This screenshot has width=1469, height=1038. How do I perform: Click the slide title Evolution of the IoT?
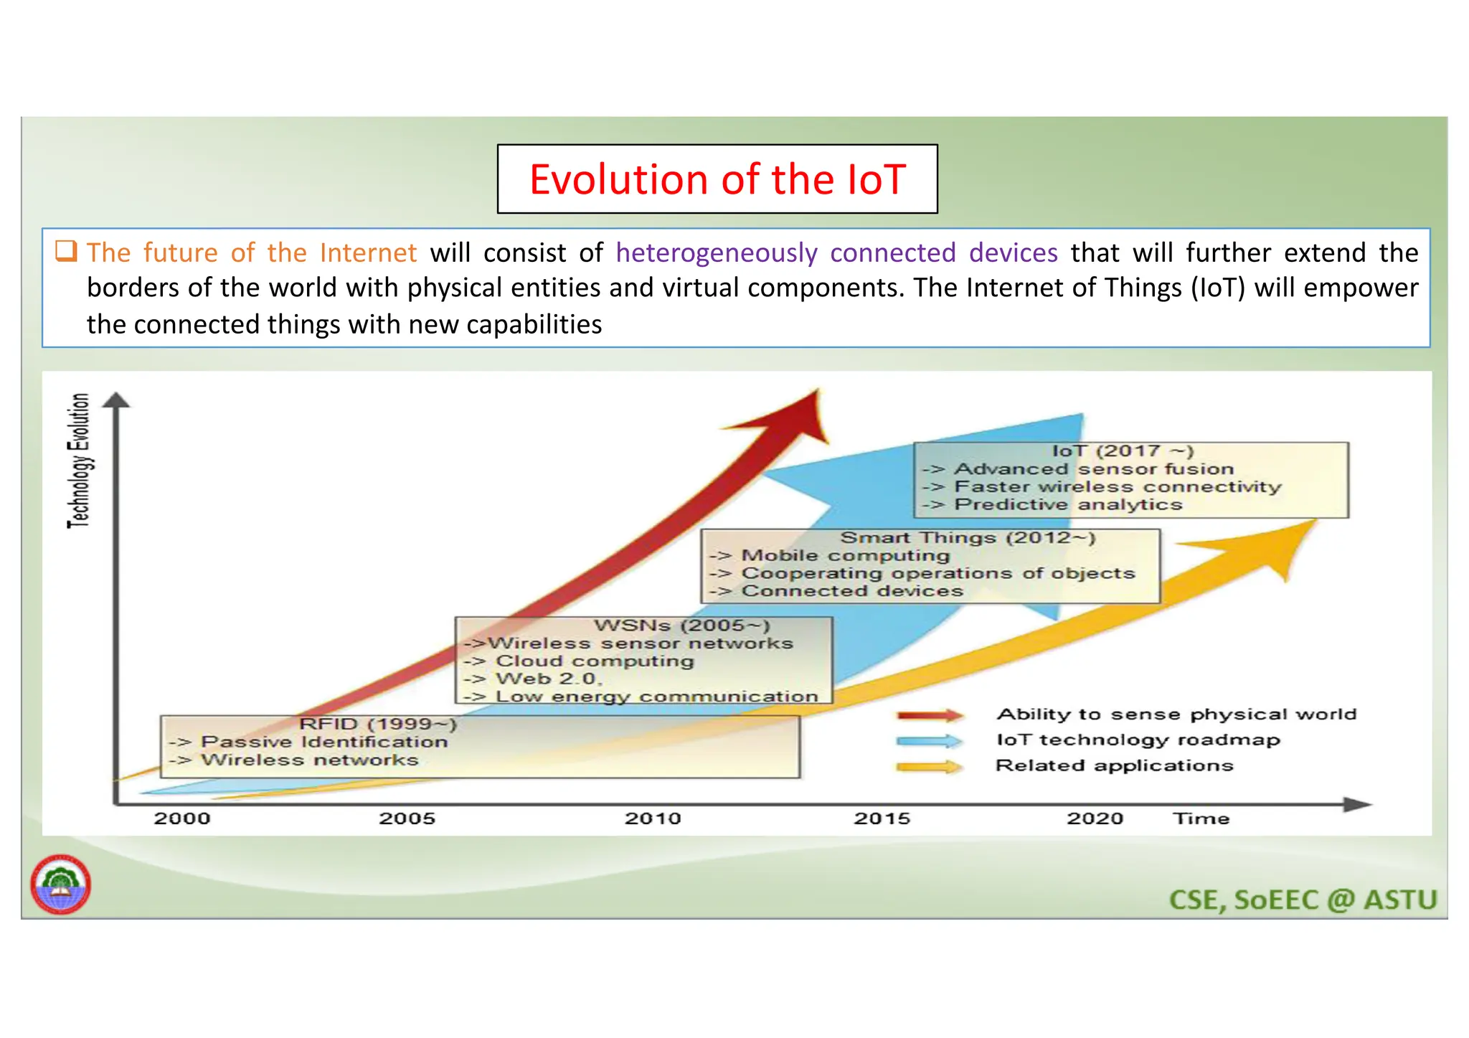coord(717,179)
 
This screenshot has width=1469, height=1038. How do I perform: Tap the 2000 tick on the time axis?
coord(182,818)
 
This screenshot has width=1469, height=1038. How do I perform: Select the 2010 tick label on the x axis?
coord(652,818)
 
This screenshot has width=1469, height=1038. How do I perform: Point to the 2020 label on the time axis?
coord(1095,818)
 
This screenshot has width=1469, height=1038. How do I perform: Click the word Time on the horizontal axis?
coord(1201,818)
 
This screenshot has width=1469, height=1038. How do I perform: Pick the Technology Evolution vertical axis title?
coord(79,460)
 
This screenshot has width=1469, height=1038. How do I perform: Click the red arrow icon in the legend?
coord(930,714)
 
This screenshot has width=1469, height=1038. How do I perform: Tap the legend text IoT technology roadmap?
coord(1138,740)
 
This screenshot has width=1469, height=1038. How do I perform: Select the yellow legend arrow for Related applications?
coord(930,766)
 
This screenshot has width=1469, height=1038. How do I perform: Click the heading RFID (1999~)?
coord(378,724)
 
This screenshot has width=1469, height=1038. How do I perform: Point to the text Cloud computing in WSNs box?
coord(595,661)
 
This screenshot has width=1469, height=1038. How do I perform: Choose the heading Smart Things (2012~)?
coord(968,537)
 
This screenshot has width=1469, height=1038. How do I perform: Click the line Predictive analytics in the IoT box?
coord(1067,504)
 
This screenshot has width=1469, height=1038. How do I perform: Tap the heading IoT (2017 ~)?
coord(1123,450)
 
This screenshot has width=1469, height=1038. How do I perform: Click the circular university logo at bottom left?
coord(61,884)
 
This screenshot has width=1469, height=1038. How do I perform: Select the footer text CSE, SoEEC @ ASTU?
coord(1303,900)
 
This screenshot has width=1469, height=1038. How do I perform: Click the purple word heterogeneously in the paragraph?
coord(716,253)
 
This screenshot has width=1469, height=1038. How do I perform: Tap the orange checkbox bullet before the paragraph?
coord(66,251)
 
